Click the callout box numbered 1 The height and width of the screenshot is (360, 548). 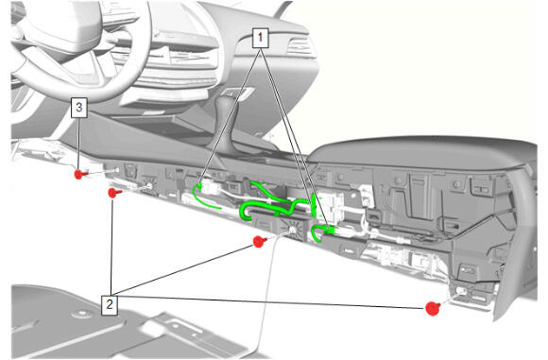click(260, 38)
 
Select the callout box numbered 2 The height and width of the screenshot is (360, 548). click(109, 305)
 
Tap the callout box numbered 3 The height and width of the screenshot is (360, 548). click(79, 108)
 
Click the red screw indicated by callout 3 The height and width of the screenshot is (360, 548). click(80, 174)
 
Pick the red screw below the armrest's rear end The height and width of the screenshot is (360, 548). click(433, 308)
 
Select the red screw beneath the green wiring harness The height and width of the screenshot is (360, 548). click(259, 241)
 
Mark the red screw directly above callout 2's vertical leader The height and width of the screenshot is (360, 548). click(114, 193)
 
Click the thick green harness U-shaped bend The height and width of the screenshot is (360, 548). click(244, 212)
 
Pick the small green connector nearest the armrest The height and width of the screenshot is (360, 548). click(329, 231)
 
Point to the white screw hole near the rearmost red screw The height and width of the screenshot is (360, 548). click(461, 291)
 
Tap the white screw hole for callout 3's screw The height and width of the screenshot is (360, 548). click(116, 171)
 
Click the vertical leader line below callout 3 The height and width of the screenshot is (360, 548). click(79, 143)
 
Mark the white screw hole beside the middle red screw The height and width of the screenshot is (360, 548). click(291, 230)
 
